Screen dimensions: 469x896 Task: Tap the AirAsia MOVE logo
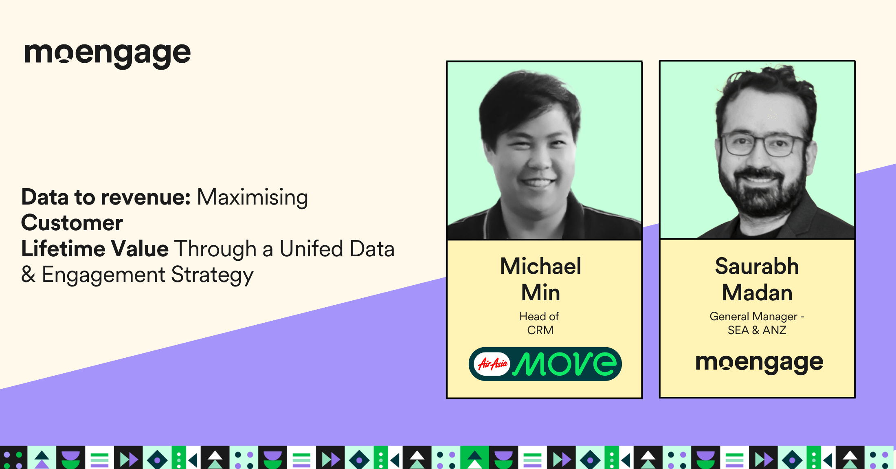pyautogui.click(x=545, y=364)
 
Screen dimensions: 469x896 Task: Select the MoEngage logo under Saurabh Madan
pyautogui.click(x=759, y=363)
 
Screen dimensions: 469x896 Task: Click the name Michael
pyautogui.click(x=540, y=266)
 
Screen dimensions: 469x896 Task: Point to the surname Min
pyautogui.click(x=540, y=293)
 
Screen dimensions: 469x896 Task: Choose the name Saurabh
pyautogui.click(x=757, y=266)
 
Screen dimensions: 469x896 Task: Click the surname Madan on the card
pyautogui.click(x=757, y=293)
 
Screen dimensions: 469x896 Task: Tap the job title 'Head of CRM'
pyautogui.click(x=540, y=323)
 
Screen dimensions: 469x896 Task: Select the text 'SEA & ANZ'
pyautogui.click(x=757, y=330)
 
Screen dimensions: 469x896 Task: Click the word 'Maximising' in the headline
pyautogui.click(x=253, y=198)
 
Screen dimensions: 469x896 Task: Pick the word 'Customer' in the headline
pyautogui.click(x=72, y=223)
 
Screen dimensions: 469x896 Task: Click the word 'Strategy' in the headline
pyautogui.click(x=212, y=275)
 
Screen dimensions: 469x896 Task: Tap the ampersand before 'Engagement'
pyautogui.click(x=28, y=275)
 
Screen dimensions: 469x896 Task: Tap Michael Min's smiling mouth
pyautogui.click(x=537, y=182)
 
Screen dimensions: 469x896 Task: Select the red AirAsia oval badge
pyautogui.click(x=492, y=363)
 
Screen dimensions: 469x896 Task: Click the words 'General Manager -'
pyautogui.click(x=757, y=317)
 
